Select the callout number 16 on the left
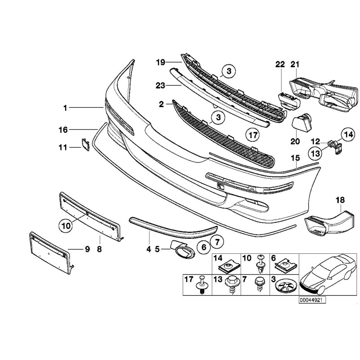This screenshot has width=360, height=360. tap(63, 130)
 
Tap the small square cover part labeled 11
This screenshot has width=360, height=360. tap(85, 144)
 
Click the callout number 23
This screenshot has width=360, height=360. tap(161, 85)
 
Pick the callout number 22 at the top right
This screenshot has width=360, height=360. tap(279, 65)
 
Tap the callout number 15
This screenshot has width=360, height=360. tap(295, 158)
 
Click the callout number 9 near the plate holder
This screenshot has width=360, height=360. tap(87, 248)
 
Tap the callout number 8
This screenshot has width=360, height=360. tap(99, 248)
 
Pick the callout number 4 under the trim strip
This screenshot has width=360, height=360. tap(149, 247)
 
